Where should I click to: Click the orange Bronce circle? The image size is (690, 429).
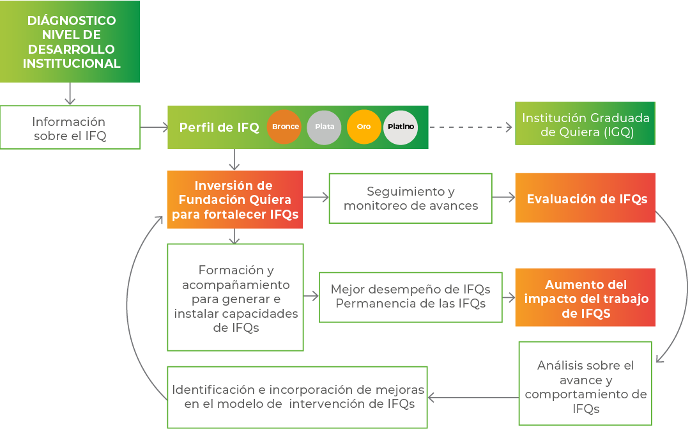[x=284, y=127]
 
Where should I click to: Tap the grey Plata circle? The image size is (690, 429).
[x=324, y=127]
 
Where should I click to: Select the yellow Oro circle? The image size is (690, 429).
[x=364, y=127]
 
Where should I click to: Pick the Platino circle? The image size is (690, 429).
[x=401, y=127]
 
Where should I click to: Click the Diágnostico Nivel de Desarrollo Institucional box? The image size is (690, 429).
[x=70, y=42]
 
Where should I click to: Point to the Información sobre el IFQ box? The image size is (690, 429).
[x=70, y=127]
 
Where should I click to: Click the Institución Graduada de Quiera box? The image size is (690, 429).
[x=585, y=123]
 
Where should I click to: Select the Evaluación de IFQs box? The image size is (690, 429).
[x=585, y=198]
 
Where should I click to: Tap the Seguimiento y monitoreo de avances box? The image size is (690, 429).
[x=411, y=198]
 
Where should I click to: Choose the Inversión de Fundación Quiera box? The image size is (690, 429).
[x=235, y=199]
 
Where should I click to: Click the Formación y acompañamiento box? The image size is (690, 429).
[x=235, y=297]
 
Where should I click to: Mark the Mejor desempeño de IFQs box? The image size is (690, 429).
[x=411, y=297]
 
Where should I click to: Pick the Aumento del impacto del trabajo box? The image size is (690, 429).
[x=585, y=297]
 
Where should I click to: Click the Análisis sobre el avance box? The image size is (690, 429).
[x=585, y=384]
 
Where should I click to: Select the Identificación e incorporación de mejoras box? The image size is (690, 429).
[x=298, y=397]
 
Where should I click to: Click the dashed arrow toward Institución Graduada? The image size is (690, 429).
[x=470, y=127]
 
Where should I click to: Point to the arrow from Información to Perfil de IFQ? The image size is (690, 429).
[x=154, y=127]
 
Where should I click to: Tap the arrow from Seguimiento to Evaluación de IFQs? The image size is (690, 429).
[x=503, y=197]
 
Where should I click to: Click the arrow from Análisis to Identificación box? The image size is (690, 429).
[x=473, y=398]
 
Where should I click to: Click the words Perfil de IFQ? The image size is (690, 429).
[x=219, y=127]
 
